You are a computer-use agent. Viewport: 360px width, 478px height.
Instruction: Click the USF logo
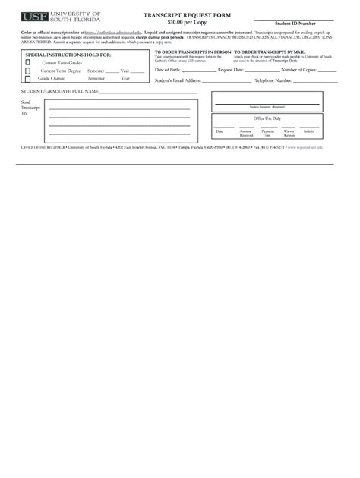33,17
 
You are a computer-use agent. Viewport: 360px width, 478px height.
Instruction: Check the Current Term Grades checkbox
28,63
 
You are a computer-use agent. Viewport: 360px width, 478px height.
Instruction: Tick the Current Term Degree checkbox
28,71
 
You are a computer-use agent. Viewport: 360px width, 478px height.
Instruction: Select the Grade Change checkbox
28,78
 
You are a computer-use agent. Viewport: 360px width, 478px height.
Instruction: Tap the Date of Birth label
167,70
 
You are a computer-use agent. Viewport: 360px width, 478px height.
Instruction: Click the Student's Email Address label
178,80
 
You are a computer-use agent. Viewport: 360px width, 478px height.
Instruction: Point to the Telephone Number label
273,80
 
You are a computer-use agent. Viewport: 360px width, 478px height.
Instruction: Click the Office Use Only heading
267,118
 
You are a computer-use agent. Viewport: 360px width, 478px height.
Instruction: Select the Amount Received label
245,133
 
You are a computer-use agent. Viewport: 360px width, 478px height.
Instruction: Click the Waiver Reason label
289,133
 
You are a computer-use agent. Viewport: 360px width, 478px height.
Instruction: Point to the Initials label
309,131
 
